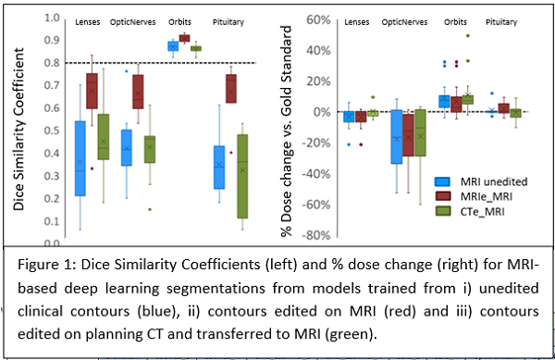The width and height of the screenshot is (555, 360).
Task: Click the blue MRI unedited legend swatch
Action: point(442,181)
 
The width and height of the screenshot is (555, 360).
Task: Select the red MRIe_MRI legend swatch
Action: point(442,196)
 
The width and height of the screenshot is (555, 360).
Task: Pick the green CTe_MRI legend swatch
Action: point(442,211)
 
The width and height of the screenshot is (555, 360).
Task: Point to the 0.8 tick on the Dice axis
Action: point(52,63)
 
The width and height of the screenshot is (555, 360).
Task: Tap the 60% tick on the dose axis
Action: point(318,19)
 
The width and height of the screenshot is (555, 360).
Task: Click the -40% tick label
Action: point(316,174)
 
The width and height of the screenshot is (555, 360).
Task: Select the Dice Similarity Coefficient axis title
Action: point(18,130)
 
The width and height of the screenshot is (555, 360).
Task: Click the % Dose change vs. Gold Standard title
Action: point(286,131)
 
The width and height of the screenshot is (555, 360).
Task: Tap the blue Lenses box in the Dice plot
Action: point(80,158)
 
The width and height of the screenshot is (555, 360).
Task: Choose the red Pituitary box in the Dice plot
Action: point(231,89)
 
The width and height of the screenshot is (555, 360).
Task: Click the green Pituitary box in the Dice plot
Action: point(242,176)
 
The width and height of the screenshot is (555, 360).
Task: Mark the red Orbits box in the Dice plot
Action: point(184,38)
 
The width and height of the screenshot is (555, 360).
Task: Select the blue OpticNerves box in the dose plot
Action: point(397,137)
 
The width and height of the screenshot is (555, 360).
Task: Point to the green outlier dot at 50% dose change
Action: point(468,36)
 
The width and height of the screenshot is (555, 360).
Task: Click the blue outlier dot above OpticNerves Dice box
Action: point(127,71)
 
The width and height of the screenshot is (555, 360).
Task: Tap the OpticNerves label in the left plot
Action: point(132,22)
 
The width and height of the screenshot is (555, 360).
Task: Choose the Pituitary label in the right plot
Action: point(501,22)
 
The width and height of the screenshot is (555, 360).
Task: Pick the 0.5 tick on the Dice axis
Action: point(52,130)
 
